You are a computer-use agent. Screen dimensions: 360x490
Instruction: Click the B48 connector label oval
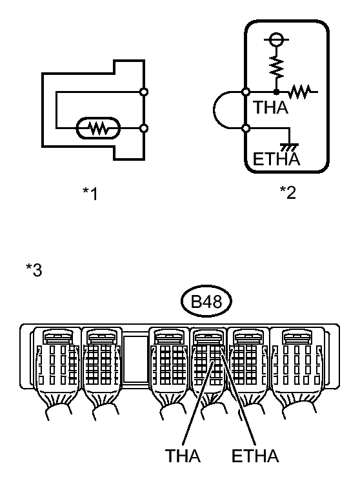206,301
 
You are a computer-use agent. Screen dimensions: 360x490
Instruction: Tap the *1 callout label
90,194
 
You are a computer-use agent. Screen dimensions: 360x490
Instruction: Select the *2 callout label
288,192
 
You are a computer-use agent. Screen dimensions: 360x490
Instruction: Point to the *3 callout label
34,270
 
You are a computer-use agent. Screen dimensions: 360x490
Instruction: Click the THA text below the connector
183,456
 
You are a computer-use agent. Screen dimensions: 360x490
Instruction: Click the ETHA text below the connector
255,456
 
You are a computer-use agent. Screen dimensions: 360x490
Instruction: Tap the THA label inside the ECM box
271,108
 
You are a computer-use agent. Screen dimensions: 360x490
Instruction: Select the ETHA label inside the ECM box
277,159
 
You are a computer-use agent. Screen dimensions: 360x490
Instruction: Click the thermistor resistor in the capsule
98,128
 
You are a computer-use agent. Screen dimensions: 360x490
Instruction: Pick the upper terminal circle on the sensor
144,92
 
